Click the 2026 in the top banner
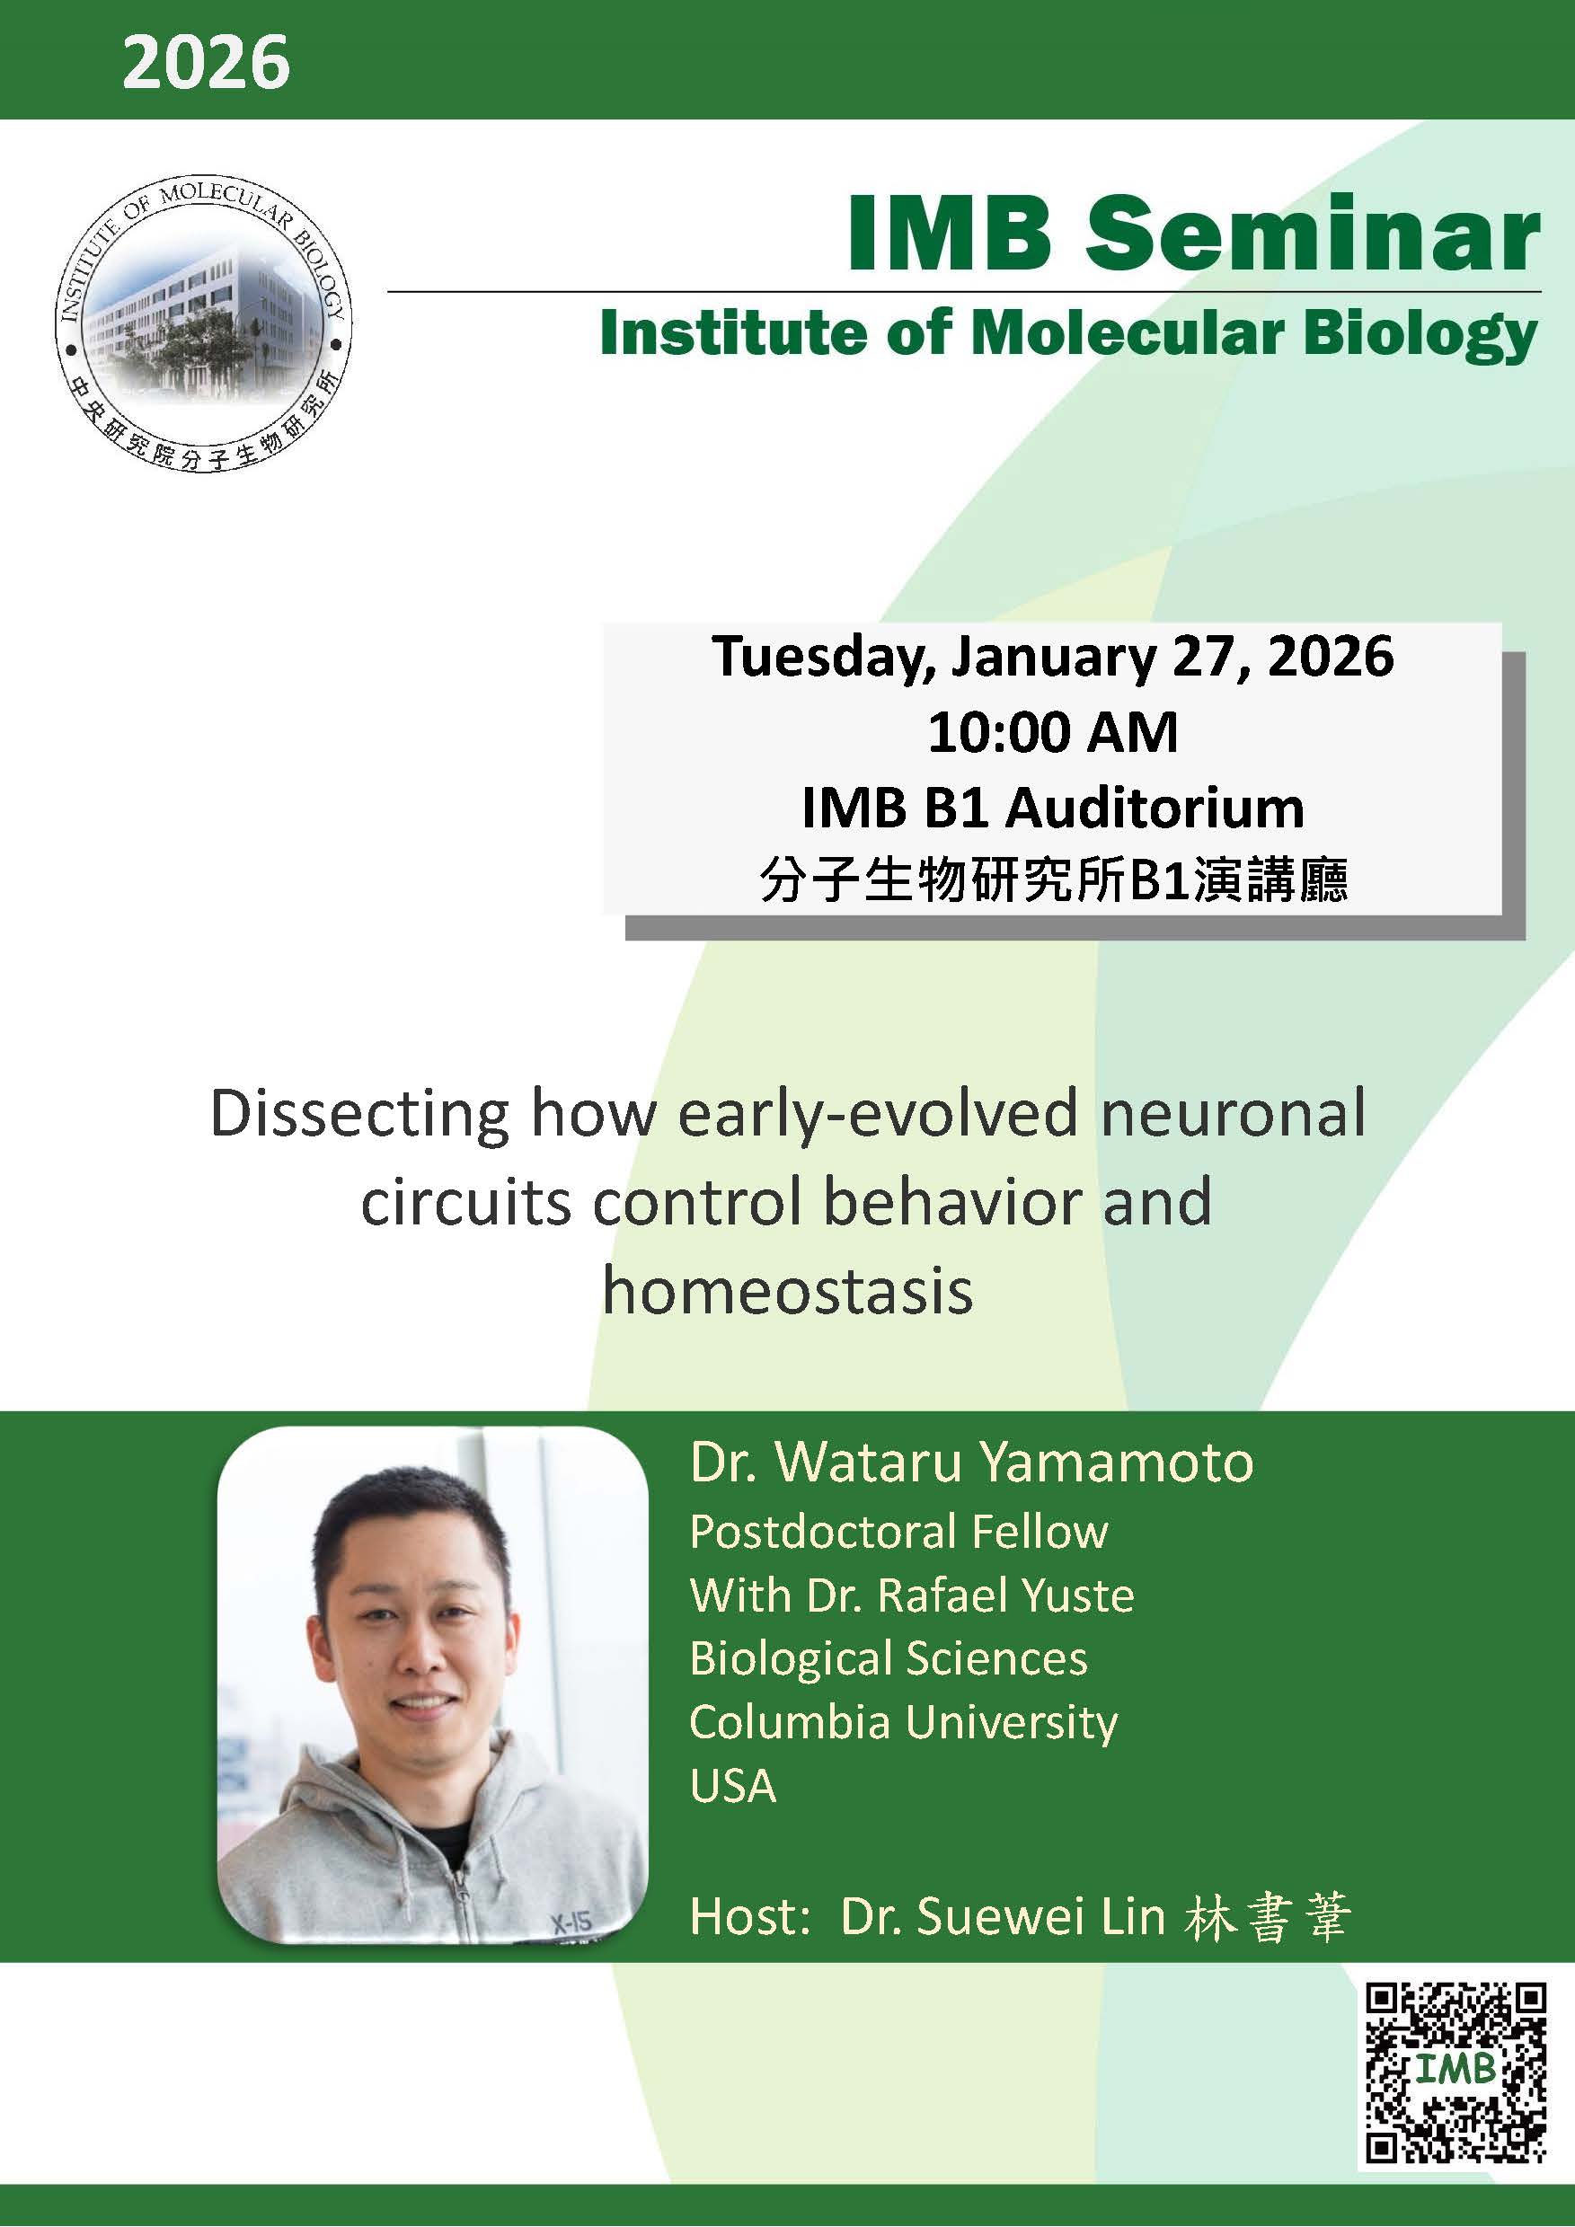click(x=206, y=62)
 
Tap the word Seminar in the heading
click(x=1311, y=235)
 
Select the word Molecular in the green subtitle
click(x=1128, y=334)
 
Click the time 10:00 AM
click(x=1052, y=732)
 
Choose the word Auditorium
click(x=1155, y=808)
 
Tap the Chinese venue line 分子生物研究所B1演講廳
click(x=1052, y=880)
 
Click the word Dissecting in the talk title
click(x=359, y=1114)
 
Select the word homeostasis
click(x=786, y=1292)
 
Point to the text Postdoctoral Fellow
click(x=898, y=1533)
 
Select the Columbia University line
click(x=903, y=1723)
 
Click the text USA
click(x=732, y=1787)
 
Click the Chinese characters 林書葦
click(x=1267, y=1918)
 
